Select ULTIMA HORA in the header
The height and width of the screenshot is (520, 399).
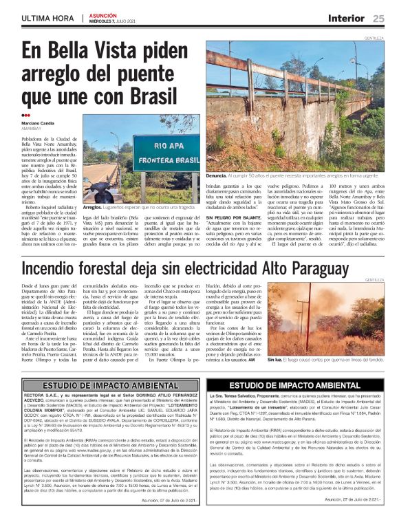(x=47, y=18)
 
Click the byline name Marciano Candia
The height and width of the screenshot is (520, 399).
(x=39, y=123)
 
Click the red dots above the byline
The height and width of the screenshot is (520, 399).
(x=25, y=116)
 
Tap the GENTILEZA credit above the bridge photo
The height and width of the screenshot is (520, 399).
(x=374, y=39)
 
